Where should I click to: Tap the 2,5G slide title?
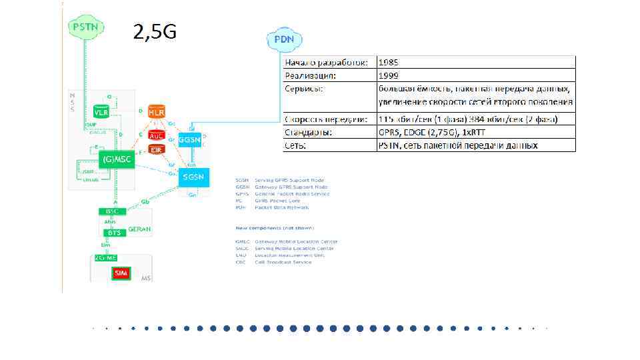[155, 31]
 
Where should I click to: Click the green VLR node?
[102, 112]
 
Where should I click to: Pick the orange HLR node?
[157, 111]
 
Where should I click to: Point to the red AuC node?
[157, 135]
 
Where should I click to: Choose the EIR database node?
[157, 150]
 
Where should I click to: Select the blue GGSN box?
[190, 140]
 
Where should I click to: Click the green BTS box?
[113, 233]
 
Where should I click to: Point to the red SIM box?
[121, 273]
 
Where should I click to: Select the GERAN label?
[140, 229]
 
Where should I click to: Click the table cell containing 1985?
[475, 62]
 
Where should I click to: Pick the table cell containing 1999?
[475, 75]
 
